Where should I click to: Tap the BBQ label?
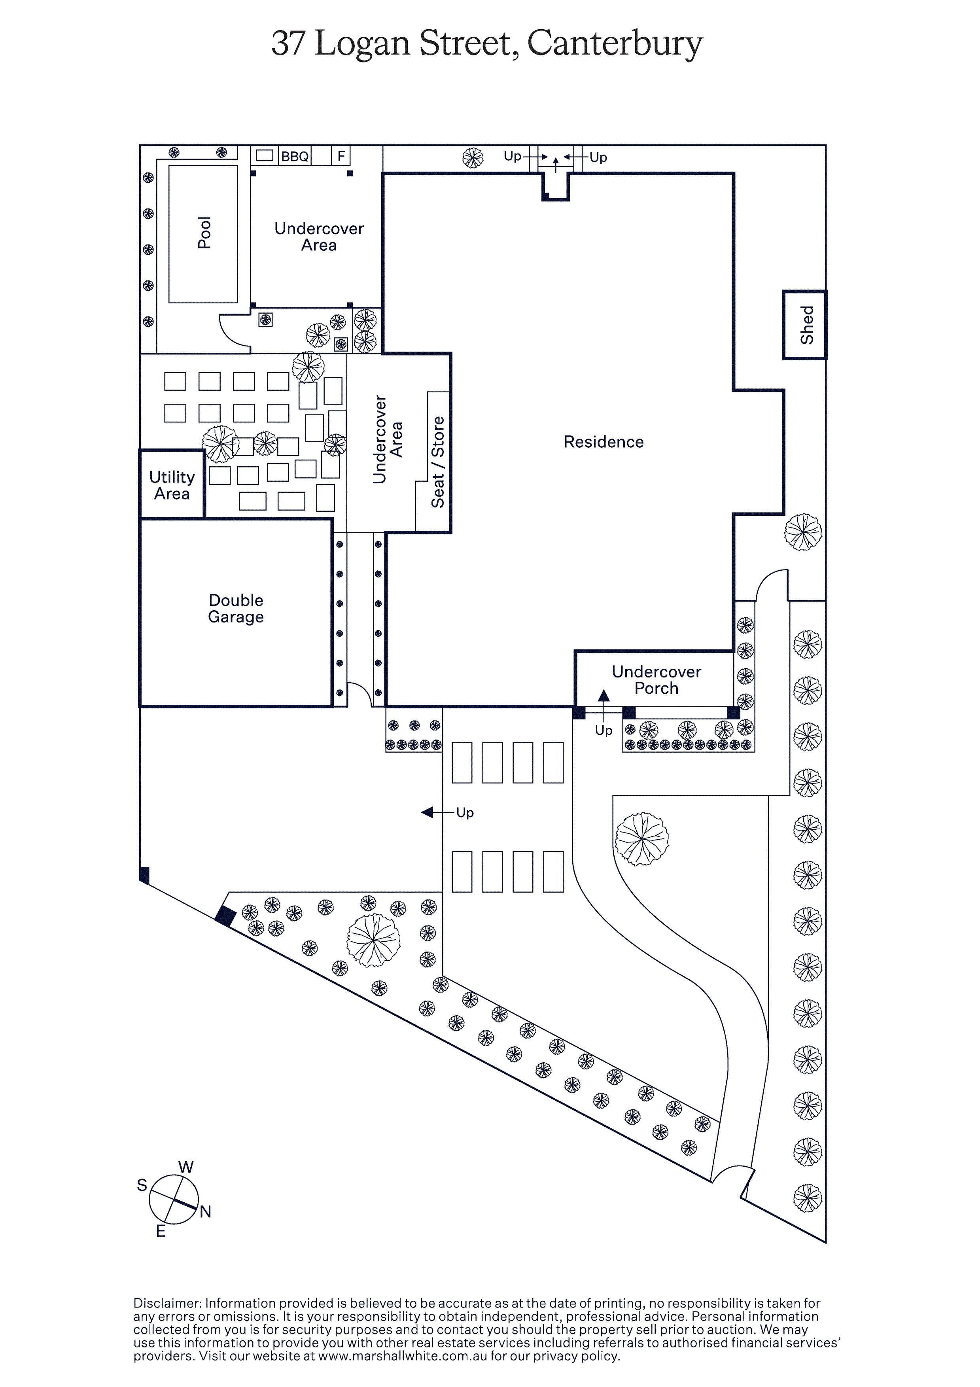click(x=295, y=157)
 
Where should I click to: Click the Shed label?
click(x=807, y=325)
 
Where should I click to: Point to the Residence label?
click(x=603, y=442)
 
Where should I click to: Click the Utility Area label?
click(x=172, y=485)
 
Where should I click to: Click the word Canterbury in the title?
click(x=615, y=44)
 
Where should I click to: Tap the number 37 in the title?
click(x=288, y=44)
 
